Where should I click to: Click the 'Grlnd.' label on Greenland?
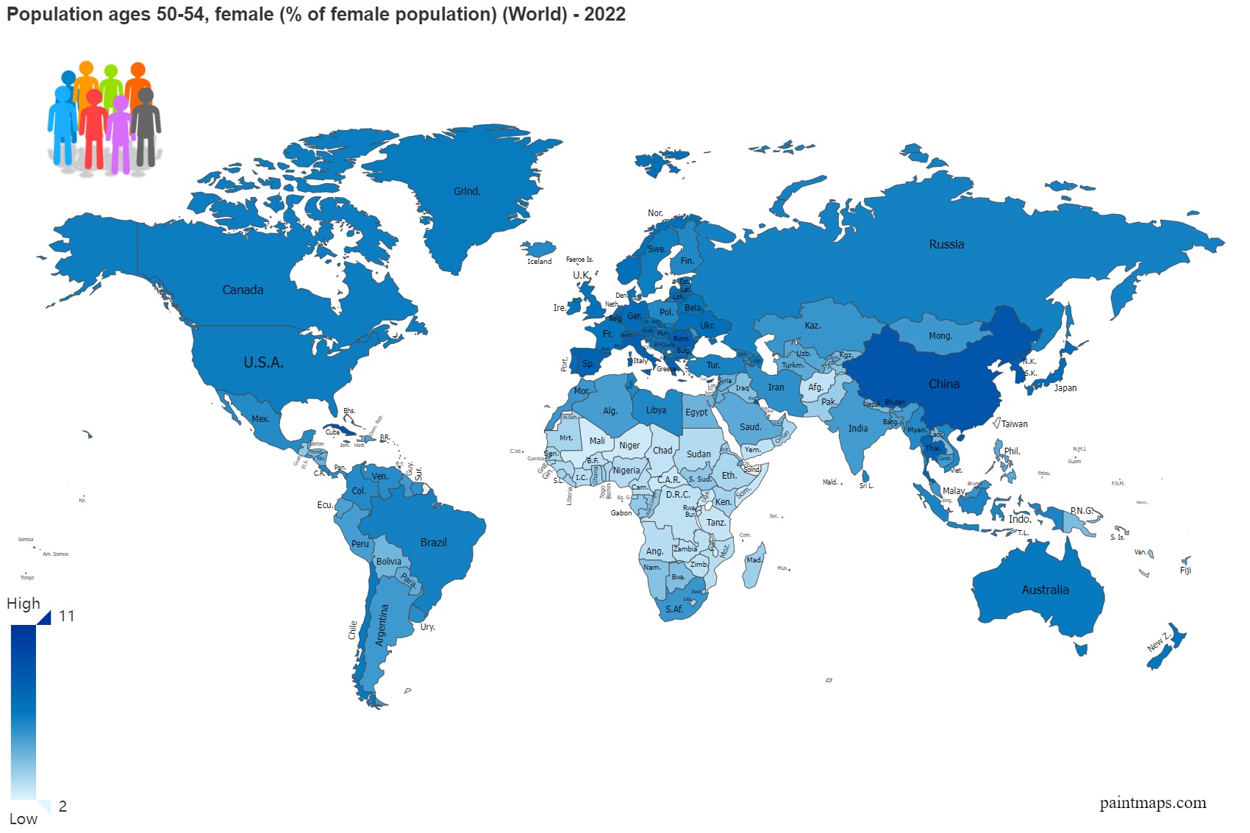[x=467, y=191]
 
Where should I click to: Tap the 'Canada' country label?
[x=243, y=290]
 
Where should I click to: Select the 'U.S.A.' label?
[x=263, y=362]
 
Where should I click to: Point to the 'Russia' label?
[x=946, y=244]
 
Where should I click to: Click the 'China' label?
[x=943, y=384]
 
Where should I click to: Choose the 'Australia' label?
[x=1045, y=590]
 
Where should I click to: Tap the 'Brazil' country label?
[x=433, y=542]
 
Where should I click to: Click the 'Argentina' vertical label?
[x=381, y=625]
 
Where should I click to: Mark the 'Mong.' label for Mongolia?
[x=940, y=336]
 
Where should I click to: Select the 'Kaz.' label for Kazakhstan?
[x=812, y=326]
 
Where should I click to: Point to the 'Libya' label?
[x=656, y=410]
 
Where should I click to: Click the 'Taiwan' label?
[x=1014, y=424]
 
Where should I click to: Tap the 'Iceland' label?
[x=539, y=262]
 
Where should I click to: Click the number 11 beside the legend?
[x=67, y=616]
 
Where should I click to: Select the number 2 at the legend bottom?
[x=63, y=806]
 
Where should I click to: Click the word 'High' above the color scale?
[x=24, y=604]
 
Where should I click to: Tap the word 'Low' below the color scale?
[x=24, y=818]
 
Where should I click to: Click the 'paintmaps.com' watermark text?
[x=1152, y=803]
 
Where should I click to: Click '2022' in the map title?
[x=604, y=14]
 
